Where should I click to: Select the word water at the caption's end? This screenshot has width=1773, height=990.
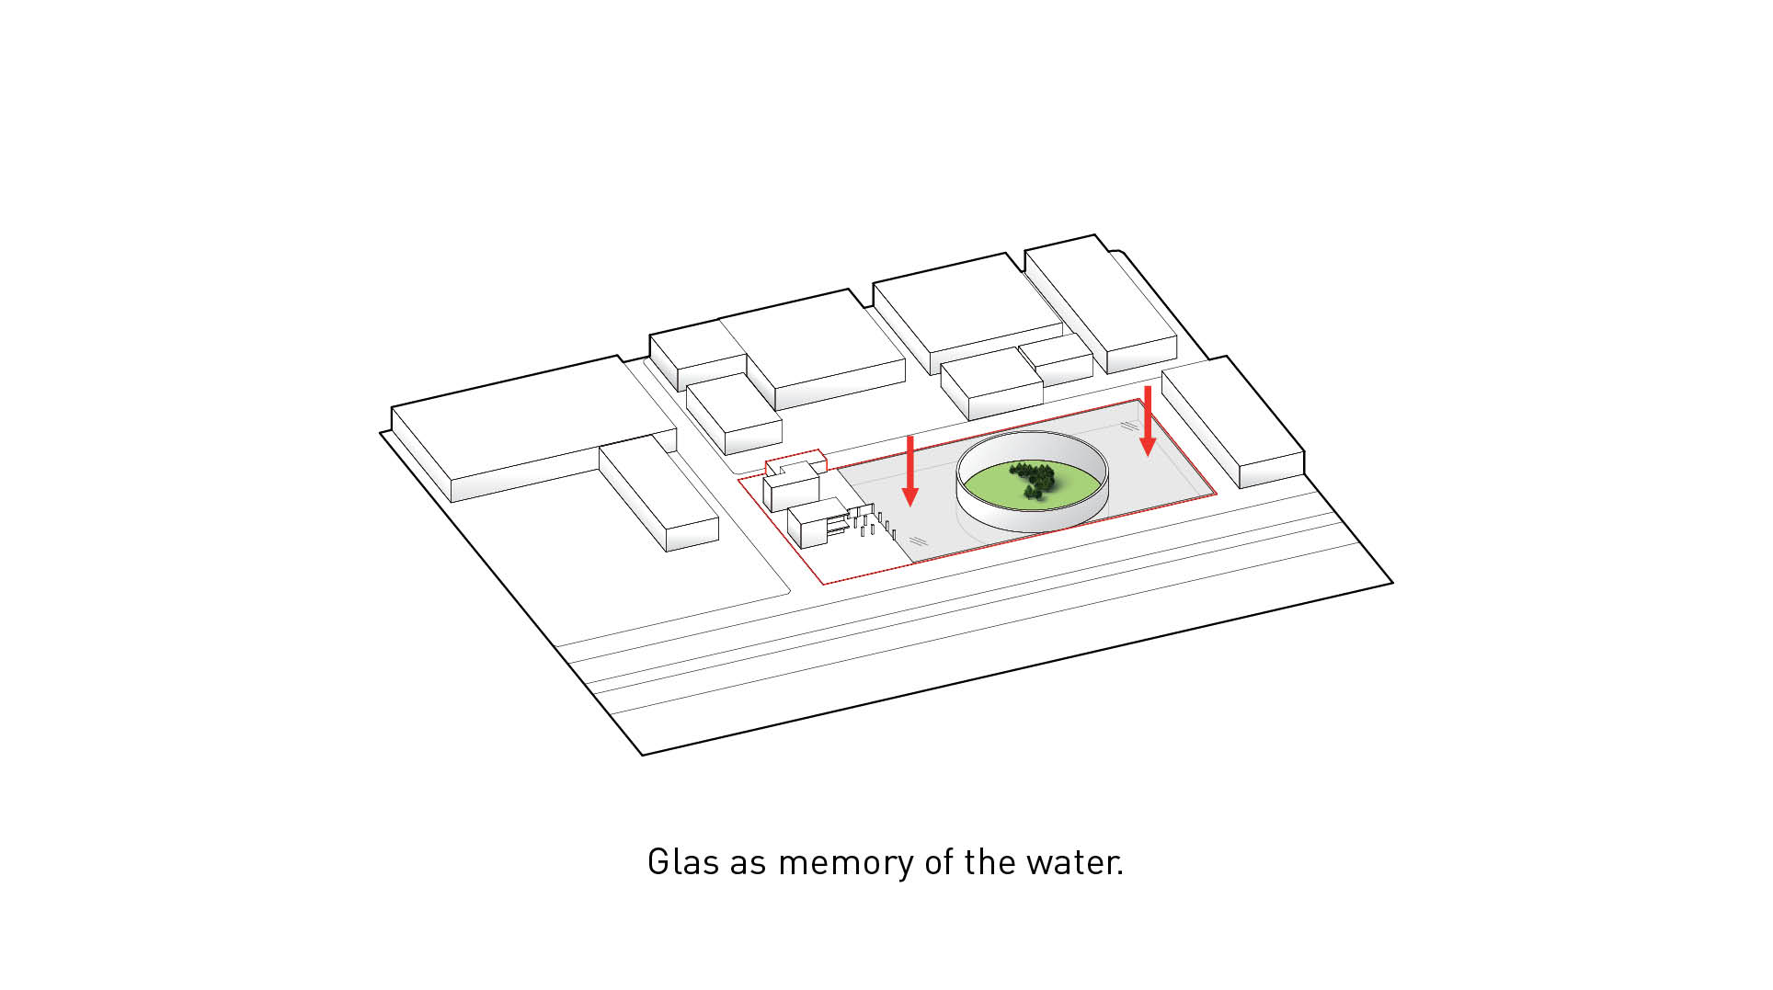point(1074,862)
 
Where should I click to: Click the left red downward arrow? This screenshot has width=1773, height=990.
point(910,471)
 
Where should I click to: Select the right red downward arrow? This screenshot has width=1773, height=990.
point(1148,421)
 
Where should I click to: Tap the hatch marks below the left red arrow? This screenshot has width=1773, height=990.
point(919,541)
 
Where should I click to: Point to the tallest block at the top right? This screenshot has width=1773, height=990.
point(1101,302)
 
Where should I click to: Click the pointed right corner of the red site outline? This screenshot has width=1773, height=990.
point(1217,494)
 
